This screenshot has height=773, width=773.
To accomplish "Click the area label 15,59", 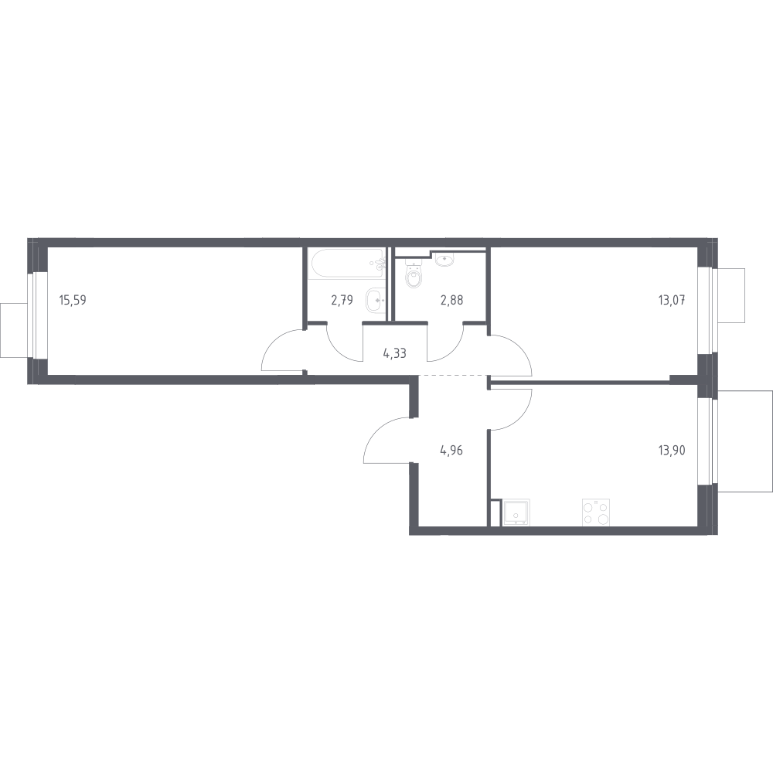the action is point(73,300).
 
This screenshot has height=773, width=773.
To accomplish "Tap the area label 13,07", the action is point(672,300).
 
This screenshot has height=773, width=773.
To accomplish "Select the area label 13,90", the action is point(672,450).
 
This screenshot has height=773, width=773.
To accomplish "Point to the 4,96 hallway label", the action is point(451,450).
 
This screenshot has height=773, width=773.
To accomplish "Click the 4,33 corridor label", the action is point(394,353).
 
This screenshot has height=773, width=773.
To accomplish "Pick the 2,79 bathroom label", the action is point(342,300).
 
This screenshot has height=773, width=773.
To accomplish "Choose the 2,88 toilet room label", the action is point(451,300).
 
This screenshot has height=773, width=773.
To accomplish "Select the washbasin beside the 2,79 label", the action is point(376,300).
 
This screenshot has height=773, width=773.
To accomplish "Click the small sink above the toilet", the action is point(445,259).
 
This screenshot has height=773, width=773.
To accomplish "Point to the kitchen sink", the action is point(516,512).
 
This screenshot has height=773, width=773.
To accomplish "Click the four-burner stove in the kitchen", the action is point(596,512).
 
